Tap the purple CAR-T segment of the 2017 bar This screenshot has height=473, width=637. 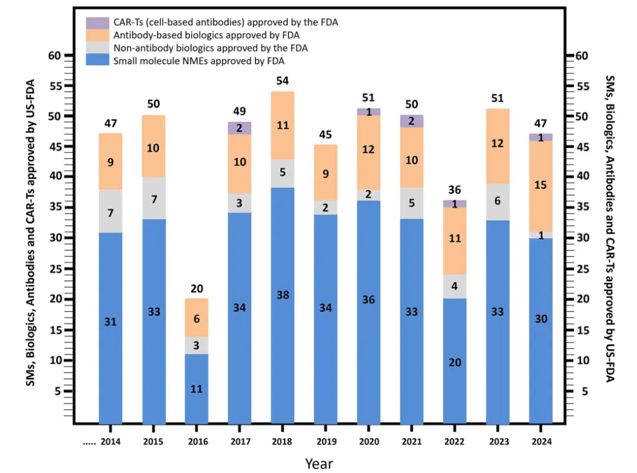(x=239, y=128)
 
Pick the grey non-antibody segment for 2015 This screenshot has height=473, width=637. (x=153, y=198)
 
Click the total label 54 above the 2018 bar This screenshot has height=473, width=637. (x=283, y=80)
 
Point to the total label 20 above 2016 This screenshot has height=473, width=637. (x=196, y=288)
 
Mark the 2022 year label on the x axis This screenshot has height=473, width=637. (x=455, y=441)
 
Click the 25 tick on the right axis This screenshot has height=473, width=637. (x=582, y=269)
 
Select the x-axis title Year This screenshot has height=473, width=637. (x=319, y=463)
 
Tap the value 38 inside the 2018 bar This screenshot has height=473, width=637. (x=283, y=295)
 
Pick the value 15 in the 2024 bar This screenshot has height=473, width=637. (x=541, y=185)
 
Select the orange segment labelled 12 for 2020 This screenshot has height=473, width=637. (x=369, y=150)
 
